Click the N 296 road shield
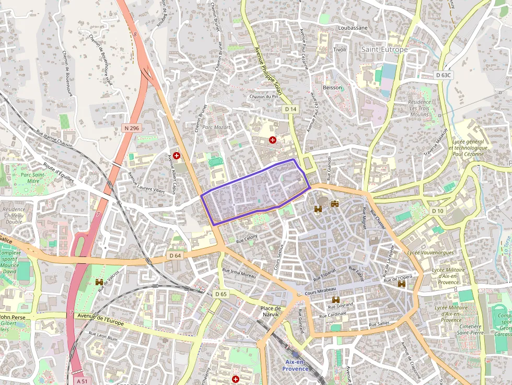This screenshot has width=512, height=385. [x=132, y=128]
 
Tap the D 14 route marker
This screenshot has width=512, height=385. [x=290, y=109]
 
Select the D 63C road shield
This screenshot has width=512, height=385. [x=444, y=75]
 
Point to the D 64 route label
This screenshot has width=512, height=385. [x=175, y=255]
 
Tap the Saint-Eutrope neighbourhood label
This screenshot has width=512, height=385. [x=384, y=49]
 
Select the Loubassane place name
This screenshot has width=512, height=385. [x=353, y=28]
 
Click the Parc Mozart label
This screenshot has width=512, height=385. [x=216, y=127]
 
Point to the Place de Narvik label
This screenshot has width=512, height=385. [x=271, y=311]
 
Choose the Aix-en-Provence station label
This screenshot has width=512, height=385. [x=297, y=365]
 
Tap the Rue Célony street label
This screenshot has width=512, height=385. [x=247, y=239]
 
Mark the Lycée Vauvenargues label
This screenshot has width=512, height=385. [x=429, y=253]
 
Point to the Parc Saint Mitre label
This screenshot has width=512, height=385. [x=30, y=178]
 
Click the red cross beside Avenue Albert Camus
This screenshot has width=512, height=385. [x=177, y=155]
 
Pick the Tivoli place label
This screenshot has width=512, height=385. [x=340, y=49]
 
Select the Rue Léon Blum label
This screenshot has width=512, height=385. [x=103, y=337]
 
